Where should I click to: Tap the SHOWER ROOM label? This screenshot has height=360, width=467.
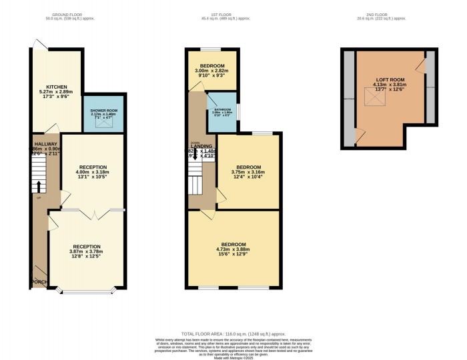pyautogui.click(x=103, y=110)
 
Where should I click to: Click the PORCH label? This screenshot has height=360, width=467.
pyautogui.click(x=39, y=283)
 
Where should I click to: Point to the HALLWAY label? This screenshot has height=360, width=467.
pyautogui.click(x=45, y=143)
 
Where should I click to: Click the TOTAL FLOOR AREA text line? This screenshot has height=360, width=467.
pyautogui.click(x=233, y=332)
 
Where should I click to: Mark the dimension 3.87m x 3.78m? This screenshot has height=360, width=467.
pyautogui.click(x=86, y=252)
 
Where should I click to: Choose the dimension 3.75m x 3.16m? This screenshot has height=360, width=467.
pyautogui.click(x=246, y=171)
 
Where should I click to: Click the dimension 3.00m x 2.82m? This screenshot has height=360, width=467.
pyautogui.click(x=211, y=70)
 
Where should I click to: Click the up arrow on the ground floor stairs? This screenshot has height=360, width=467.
pyautogui.click(x=39, y=187)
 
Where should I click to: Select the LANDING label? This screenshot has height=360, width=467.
pyautogui.click(x=201, y=146)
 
